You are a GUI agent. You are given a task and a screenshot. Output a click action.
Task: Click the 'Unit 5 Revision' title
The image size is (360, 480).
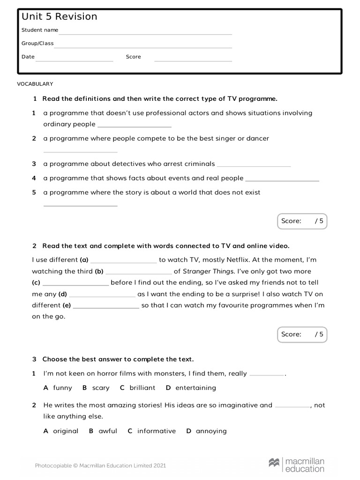point(60,17)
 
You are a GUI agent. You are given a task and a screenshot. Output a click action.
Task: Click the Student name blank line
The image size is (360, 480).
point(145,33)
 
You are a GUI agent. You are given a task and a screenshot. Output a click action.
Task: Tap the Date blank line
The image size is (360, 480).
point(75,60)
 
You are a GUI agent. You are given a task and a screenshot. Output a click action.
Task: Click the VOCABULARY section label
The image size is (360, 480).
point(35,84)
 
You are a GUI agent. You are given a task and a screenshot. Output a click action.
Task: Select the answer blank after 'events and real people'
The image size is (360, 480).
point(282,180)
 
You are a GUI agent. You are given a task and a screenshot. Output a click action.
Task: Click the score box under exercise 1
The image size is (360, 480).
point(302,221)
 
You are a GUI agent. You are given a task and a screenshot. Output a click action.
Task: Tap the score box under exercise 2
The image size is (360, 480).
point(302,334)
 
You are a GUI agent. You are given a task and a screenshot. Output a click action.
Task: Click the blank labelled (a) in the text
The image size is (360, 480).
point(124,262)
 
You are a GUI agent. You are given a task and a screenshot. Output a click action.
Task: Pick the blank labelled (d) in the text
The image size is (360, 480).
point(102,296)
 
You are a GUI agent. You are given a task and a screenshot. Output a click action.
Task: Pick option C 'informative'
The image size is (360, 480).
point(152,431)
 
